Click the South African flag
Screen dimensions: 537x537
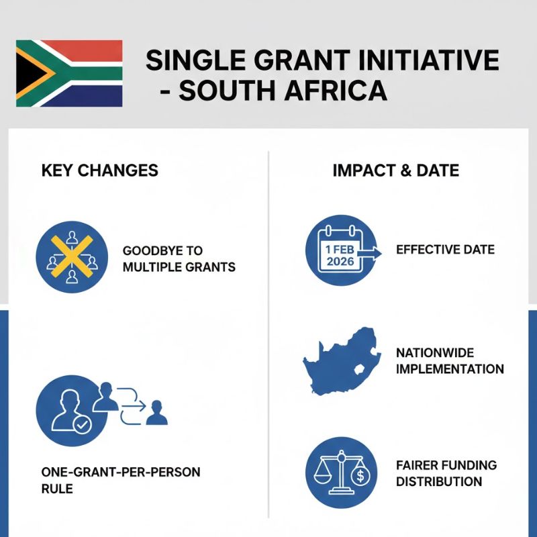click(69, 73)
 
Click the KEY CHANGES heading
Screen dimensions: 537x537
click(100, 170)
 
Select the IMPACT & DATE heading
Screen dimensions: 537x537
click(396, 170)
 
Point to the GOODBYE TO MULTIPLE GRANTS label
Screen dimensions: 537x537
click(179, 258)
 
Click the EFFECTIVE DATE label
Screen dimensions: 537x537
click(445, 250)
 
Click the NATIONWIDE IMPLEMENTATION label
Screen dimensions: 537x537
click(450, 360)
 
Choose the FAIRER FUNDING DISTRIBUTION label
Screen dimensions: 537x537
click(446, 473)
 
